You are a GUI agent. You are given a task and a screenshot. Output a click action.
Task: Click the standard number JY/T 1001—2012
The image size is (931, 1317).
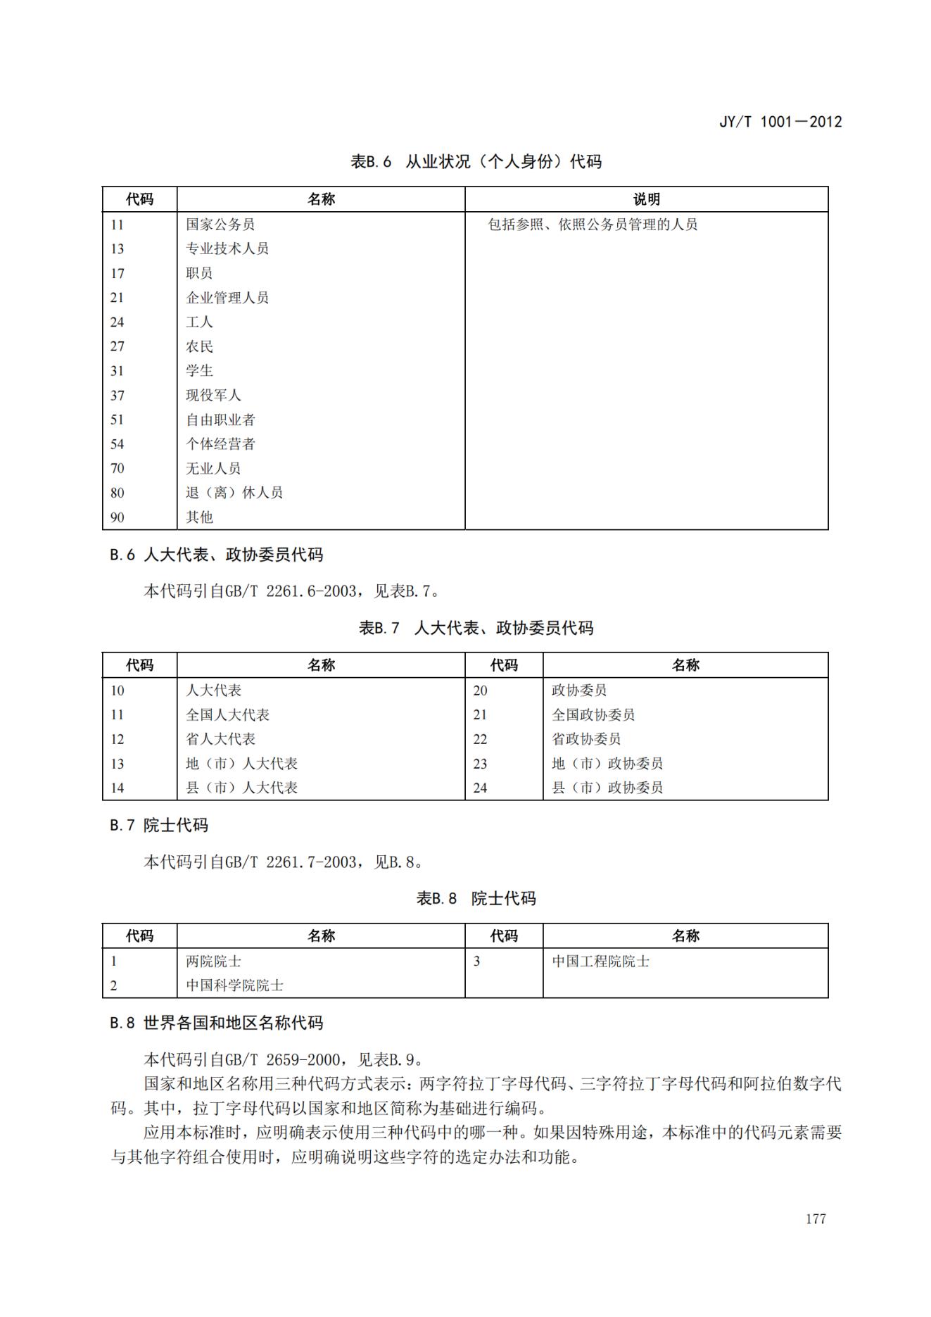[780, 121]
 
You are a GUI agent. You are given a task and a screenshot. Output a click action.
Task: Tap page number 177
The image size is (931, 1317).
[816, 1218]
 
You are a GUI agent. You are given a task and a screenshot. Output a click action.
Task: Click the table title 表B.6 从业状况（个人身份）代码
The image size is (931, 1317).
[476, 161]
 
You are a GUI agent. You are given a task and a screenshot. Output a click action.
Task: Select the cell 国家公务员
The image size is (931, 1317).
[220, 225]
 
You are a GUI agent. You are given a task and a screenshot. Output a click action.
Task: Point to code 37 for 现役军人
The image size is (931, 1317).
[118, 396]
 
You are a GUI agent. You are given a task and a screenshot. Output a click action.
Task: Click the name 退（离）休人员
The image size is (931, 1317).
[234, 493]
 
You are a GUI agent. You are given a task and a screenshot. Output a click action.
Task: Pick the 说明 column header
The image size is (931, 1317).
[646, 199]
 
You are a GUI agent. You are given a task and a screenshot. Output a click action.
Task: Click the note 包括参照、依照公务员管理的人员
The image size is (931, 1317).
[593, 225]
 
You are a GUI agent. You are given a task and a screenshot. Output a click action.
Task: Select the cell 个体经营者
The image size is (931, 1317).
[220, 444]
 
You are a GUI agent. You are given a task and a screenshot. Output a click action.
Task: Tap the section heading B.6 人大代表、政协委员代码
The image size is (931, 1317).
[216, 555]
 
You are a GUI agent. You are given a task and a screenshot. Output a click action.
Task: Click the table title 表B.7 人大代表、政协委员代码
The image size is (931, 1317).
[476, 628]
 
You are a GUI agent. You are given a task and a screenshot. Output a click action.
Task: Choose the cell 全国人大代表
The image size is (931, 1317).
[227, 715]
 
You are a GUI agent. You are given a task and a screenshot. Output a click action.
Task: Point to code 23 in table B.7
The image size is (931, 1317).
[480, 764]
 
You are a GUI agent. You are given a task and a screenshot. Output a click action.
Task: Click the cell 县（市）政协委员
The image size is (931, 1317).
[607, 788]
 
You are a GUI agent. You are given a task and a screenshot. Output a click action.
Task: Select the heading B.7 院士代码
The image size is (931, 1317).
[159, 825]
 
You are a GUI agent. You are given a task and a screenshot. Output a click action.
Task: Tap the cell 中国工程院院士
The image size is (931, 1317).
[600, 962]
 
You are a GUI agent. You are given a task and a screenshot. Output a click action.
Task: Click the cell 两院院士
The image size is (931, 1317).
[213, 962]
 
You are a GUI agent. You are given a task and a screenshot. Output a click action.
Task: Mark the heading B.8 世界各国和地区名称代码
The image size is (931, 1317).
[216, 1023]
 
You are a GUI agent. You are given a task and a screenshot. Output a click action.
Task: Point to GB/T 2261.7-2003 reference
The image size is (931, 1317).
[291, 862]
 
